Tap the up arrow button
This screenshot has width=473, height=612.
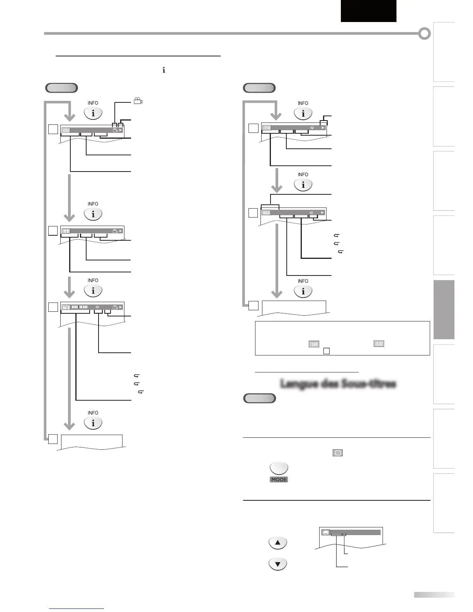pyautogui.click(x=277, y=542)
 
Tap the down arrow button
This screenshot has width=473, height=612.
pyautogui.click(x=277, y=564)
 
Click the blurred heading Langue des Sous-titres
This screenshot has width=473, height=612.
pyautogui.click(x=338, y=384)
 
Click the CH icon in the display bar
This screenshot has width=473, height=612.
pyautogui.click(x=66, y=130)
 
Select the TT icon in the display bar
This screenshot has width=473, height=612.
pyautogui.click(x=66, y=231)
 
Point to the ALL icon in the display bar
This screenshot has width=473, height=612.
pyautogui.click(x=266, y=212)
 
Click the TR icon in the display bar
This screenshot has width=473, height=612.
pyautogui.click(x=267, y=128)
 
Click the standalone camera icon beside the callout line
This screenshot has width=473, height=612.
pyautogui.click(x=138, y=101)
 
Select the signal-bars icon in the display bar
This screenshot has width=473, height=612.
pyautogui.click(x=66, y=308)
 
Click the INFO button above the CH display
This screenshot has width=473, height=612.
pyautogui.click(x=93, y=113)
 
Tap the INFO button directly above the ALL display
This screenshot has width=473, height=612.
pyautogui.click(x=303, y=184)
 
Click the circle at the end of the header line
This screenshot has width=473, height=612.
pyautogui.click(x=425, y=34)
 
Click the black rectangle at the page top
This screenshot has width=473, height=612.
pyautogui.click(x=368, y=11)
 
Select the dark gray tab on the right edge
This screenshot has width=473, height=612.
pyautogui.click(x=444, y=309)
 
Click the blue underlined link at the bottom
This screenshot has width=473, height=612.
pyautogui.click(x=77, y=608)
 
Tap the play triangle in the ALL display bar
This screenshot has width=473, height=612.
pyautogui.click(x=322, y=212)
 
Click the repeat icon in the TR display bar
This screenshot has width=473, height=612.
pyautogui.click(x=311, y=128)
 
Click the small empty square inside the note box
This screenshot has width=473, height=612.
pyautogui.click(x=326, y=351)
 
